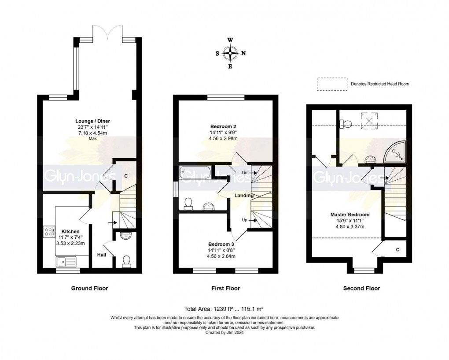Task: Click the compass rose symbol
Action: [230, 53]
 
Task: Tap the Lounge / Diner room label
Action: [93, 121]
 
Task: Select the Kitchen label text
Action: [70, 231]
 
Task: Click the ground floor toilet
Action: [126, 261]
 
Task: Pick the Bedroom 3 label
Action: [221, 244]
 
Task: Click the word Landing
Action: [244, 195]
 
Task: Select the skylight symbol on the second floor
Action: [370, 120]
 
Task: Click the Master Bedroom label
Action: [350, 215]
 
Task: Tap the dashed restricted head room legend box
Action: [331, 84]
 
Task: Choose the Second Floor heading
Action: [361, 288]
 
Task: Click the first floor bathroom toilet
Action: [188, 202]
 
